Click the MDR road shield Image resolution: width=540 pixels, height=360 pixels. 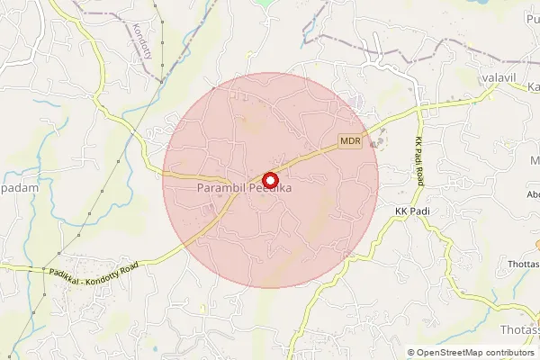click(x=350, y=142)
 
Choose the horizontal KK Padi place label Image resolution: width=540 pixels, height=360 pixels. click(x=415, y=211)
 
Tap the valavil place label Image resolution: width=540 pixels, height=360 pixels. click(x=497, y=79)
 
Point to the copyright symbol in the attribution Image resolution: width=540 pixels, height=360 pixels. click(x=411, y=353)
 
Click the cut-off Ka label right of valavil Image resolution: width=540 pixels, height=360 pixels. click(x=533, y=86)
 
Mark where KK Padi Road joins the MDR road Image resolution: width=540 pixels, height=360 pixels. click(x=419, y=106)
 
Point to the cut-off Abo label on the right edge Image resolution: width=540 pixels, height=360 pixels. click(x=532, y=193)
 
